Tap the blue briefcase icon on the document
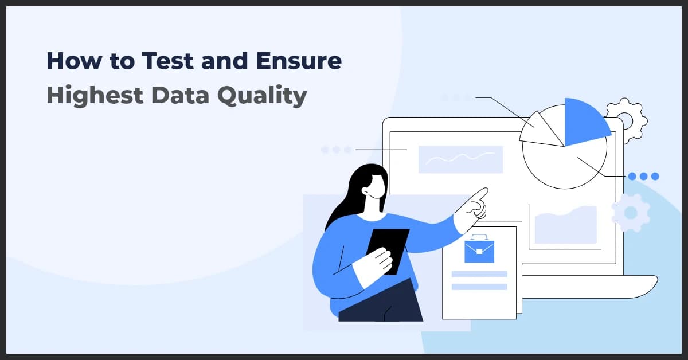pyautogui.click(x=479, y=249)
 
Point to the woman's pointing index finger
pyautogui.click(x=482, y=195)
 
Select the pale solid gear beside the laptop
pyautogui.click(x=631, y=213)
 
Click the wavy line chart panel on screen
pyautogui.click(x=460, y=159)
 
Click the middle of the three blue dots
pyautogui.click(x=643, y=177)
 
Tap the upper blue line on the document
pyautogui.click(x=479, y=274)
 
